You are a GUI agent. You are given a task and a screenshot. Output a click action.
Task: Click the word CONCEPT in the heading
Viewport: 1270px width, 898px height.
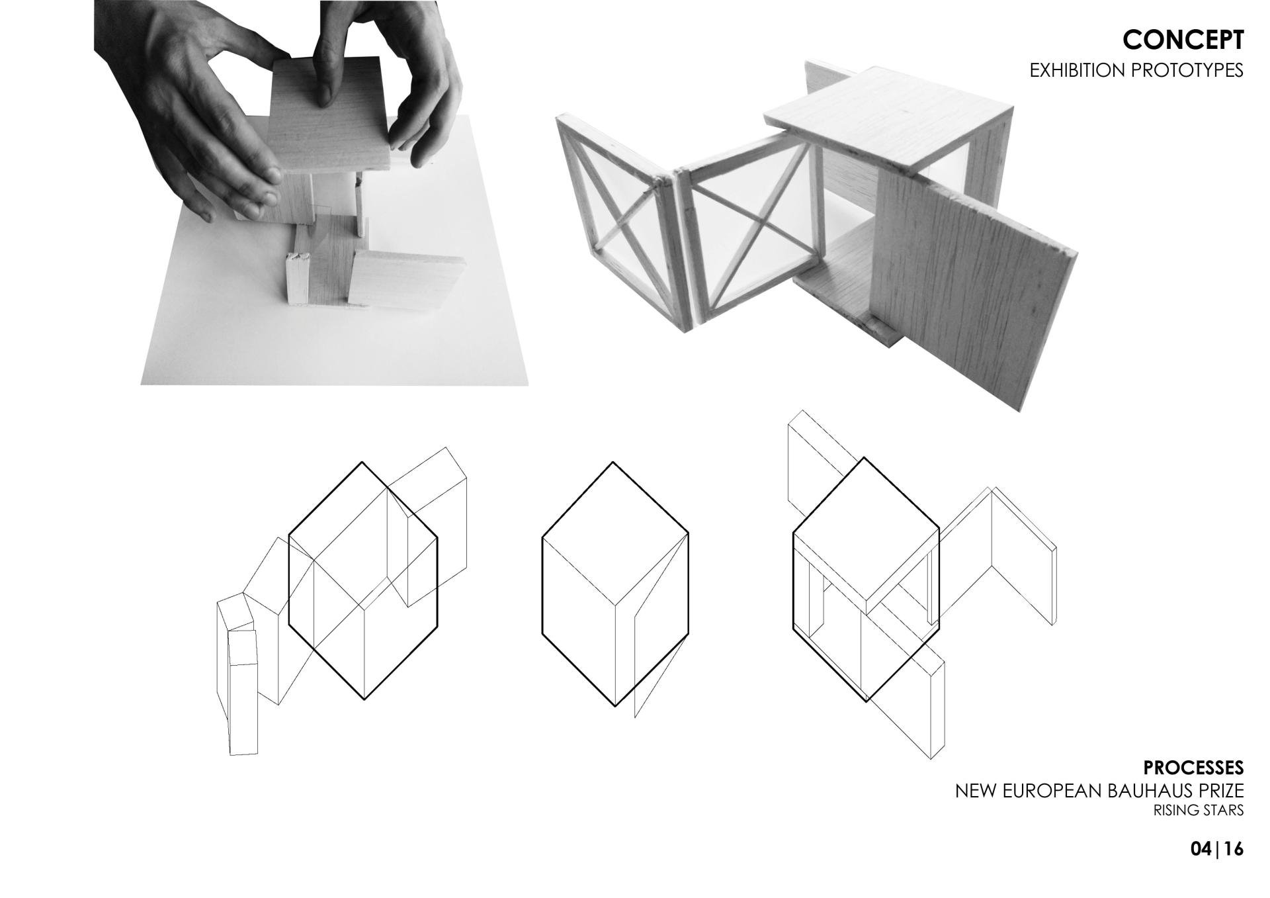1183,40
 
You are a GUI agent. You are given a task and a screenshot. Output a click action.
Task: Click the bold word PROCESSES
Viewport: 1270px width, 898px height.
1193,768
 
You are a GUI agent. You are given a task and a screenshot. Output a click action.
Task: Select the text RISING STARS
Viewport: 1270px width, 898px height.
1199,810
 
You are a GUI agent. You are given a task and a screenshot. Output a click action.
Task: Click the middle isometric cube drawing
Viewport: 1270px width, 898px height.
615,584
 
